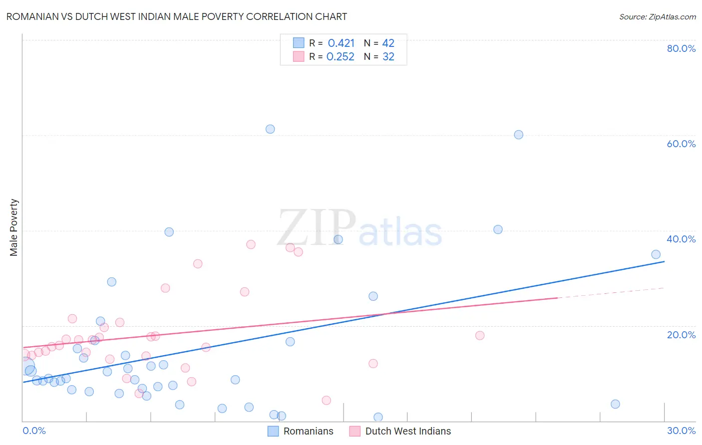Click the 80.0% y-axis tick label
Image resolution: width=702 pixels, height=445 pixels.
coord(681,48)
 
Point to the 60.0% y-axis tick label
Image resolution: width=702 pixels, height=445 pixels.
coord(681,144)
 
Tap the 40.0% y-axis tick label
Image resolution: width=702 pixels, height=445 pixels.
coord(681,239)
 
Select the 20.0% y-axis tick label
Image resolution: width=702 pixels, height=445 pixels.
coord(681,335)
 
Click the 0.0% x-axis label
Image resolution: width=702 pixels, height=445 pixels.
coord(34,431)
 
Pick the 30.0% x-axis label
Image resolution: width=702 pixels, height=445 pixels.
coord(681,431)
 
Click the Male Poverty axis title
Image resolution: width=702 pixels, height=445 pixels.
coord(14,227)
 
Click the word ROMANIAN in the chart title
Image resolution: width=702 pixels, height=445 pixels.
coord(34,16)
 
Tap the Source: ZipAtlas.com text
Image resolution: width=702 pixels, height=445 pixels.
coord(657,16)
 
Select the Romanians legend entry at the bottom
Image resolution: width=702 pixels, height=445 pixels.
coord(301,431)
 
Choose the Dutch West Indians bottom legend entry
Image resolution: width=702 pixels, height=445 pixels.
coord(400,431)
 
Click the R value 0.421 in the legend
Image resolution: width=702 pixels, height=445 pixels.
coord(341,43)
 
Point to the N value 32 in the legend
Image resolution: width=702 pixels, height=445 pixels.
coord(388,57)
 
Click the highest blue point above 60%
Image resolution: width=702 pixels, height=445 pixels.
coord(270,129)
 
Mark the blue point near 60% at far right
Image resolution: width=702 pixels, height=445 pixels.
coord(519,135)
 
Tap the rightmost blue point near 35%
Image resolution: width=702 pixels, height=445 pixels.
coord(656,254)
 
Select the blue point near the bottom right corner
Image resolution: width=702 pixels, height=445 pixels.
coord(615,404)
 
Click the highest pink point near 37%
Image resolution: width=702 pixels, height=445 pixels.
coord(251,244)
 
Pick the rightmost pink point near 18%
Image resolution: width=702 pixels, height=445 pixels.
coord(480,335)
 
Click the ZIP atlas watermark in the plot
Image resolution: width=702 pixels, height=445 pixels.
coord(359,228)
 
